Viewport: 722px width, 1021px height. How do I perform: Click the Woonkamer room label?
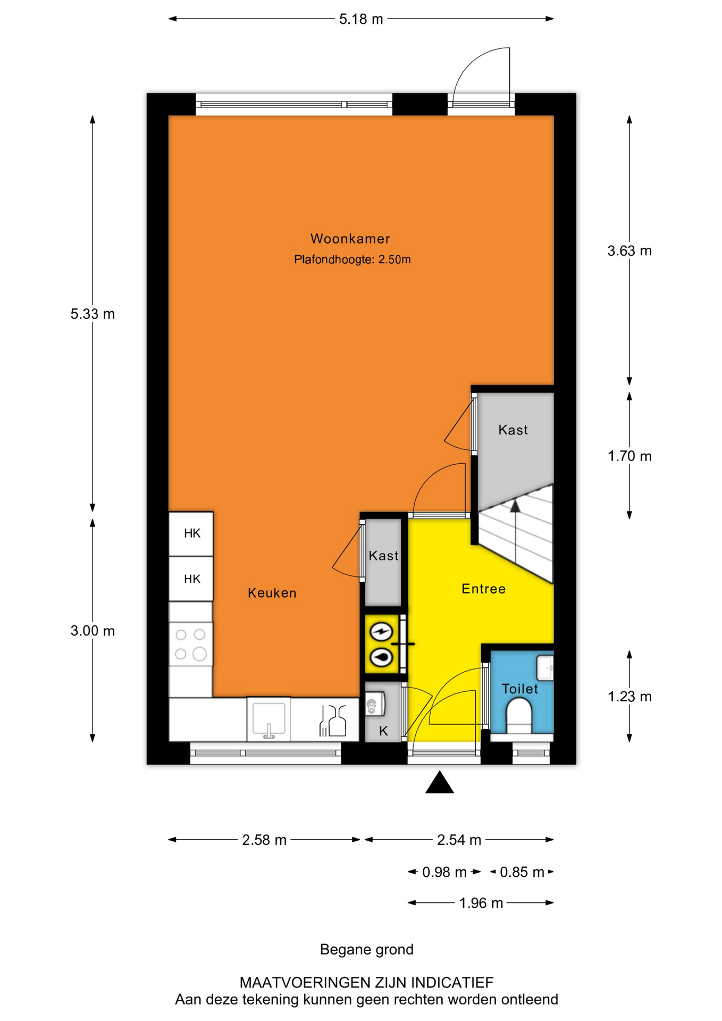350,239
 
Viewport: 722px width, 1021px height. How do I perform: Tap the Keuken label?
272,593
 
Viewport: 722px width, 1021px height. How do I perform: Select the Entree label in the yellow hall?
483,589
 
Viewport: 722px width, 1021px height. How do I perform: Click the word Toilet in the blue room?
519,689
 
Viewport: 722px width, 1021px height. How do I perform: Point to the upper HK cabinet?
191,533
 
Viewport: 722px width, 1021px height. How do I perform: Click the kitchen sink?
268,719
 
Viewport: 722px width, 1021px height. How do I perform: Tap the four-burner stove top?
191,644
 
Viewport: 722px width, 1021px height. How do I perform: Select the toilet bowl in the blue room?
518,716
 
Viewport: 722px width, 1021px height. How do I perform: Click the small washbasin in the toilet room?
545,668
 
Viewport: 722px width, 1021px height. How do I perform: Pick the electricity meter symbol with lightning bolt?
381,632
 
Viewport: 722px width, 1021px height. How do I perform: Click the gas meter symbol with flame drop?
381,657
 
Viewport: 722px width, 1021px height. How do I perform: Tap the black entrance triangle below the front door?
440,782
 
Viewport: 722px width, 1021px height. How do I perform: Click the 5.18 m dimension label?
361,20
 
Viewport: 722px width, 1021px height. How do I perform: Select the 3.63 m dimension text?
629,250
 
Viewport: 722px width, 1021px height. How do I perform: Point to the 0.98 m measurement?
444,872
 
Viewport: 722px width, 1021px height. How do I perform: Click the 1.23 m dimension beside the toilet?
629,697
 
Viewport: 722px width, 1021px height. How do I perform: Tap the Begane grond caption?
366,949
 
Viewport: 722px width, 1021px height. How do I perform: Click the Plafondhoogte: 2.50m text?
352,260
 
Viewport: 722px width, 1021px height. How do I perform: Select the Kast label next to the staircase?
513,430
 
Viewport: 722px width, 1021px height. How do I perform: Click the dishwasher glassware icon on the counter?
332,721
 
